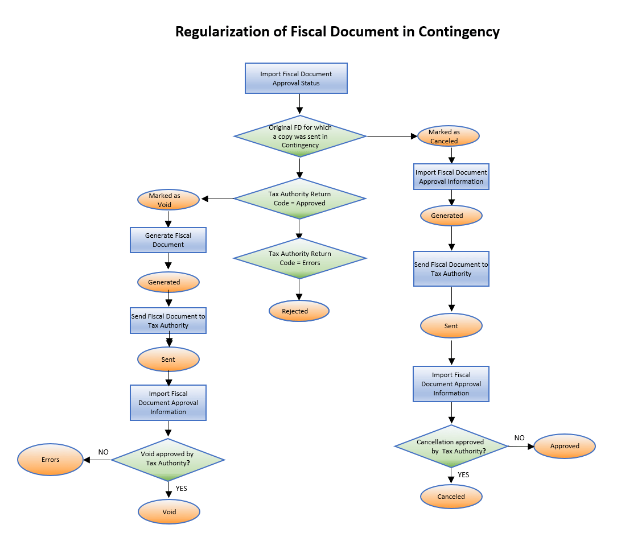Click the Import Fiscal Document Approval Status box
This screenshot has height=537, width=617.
tap(296, 79)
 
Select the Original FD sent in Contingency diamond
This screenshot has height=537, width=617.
tap(300, 136)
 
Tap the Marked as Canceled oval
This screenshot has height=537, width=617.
tap(448, 137)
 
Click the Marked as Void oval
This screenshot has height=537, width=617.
tap(168, 200)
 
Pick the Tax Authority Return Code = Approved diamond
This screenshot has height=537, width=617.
tap(299, 199)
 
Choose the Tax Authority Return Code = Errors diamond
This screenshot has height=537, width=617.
tap(299, 258)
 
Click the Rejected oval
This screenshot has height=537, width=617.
tap(299, 311)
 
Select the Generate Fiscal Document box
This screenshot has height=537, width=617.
tap(168, 240)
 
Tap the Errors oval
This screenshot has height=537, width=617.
tap(51, 460)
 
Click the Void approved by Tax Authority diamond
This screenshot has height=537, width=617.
tap(168, 459)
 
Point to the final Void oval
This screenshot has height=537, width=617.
tap(169, 512)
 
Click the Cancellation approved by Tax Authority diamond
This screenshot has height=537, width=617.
tap(451, 447)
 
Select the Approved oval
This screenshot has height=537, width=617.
tap(565, 447)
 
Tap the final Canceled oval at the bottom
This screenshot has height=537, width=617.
tap(451, 497)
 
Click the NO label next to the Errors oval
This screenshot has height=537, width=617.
tap(103, 452)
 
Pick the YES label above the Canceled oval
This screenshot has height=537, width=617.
tap(463, 474)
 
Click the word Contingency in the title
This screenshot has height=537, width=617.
tap(459, 31)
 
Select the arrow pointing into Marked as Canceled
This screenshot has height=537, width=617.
tap(393, 137)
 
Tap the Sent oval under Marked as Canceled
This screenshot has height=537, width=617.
tap(451, 326)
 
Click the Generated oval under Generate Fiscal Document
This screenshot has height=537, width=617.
tap(168, 282)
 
